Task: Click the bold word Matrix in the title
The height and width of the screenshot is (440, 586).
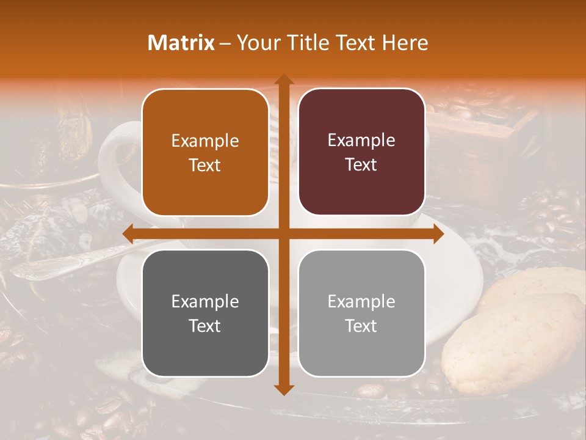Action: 181,43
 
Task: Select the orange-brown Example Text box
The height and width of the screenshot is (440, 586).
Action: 205,153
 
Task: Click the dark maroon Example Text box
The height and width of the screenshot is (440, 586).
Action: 361,152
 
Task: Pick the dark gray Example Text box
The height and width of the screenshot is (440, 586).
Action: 205,313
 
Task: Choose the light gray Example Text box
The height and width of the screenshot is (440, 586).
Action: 361,313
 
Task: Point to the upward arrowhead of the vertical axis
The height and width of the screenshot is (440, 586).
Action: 283,79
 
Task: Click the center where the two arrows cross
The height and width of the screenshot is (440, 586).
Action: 283,233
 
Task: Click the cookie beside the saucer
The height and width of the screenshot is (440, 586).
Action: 513,342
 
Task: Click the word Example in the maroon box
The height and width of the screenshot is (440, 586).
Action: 361,141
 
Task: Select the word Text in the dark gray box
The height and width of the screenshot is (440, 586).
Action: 205,326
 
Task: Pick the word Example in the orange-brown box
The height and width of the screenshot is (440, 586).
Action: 205,141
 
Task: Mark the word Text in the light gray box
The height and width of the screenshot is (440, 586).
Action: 361,326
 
